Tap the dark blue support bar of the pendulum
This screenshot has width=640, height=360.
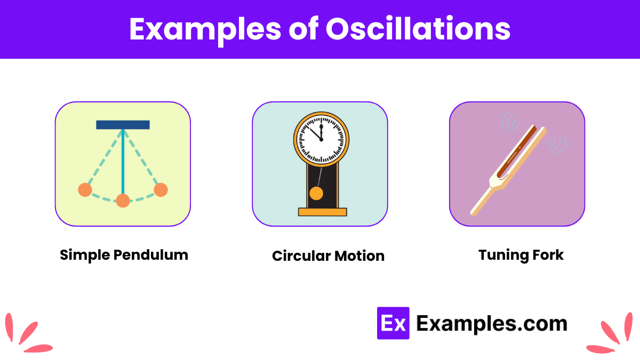[123, 125]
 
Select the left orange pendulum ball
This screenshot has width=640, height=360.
[85, 189]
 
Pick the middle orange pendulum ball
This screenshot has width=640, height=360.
[123, 201]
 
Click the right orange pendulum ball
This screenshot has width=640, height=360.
[161, 189]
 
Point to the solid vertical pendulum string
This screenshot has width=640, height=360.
[123, 160]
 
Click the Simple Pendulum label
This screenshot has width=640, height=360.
[124, 255]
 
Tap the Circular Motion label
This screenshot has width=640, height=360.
[328, 256]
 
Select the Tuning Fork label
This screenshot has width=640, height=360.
[521, 255]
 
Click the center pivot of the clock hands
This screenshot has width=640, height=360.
[321, 140]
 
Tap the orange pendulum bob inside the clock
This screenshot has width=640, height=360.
[316, 193]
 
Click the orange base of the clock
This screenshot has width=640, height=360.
[322, 212]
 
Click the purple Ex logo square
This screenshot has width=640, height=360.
[393, 323]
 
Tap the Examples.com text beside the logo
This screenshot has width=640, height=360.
[491, 323]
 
